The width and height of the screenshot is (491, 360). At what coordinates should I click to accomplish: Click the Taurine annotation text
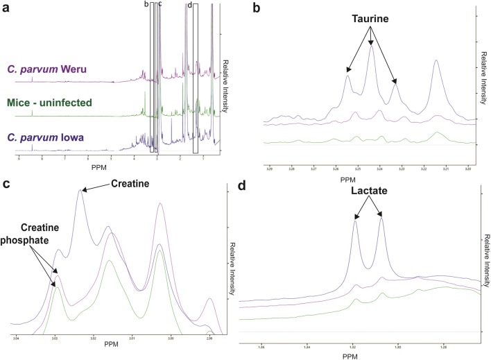point(370,19)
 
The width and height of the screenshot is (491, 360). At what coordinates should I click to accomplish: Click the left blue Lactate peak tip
point(356,221)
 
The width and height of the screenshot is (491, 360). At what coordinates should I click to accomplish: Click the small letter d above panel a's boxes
point(189,5)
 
